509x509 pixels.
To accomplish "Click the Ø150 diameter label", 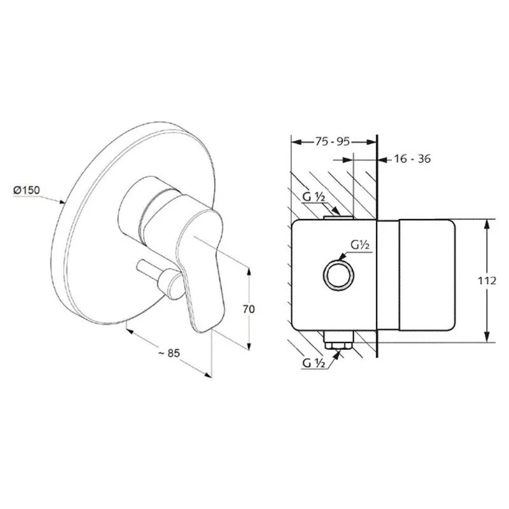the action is [x=27, y=190].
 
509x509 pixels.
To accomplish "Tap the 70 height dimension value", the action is [x=249, y=309].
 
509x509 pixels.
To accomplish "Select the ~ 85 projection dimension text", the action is [x=169, y=353].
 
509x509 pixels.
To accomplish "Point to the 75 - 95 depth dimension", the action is [x=332, y=141].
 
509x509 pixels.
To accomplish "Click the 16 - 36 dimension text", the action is [x=412, y=158].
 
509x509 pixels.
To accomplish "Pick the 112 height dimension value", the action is [x=487, y=281].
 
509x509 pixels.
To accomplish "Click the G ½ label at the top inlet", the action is [x=314, y=197].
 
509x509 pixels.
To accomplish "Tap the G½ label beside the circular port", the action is [x=360, y=244].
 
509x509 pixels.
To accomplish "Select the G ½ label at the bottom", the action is [x=314, y=363].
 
